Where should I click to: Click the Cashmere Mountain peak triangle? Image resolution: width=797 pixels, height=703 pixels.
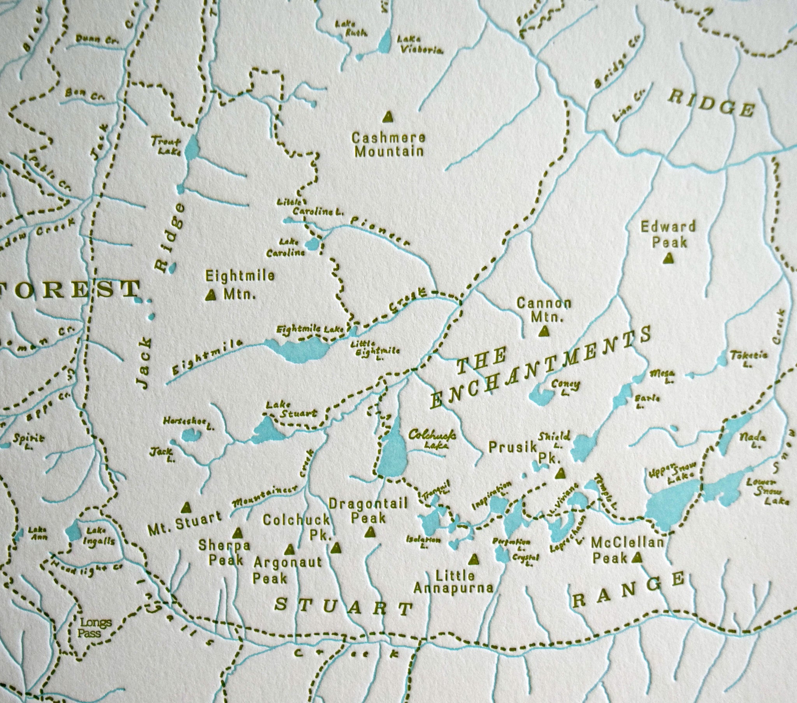(387, 116)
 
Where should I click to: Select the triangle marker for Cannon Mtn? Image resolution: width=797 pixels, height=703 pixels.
(543, 331)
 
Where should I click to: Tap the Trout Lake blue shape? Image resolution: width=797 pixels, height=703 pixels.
(191, 148)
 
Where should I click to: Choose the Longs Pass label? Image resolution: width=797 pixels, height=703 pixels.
(94, 628)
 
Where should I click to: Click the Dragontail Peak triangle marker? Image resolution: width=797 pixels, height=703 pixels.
(370, 532)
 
